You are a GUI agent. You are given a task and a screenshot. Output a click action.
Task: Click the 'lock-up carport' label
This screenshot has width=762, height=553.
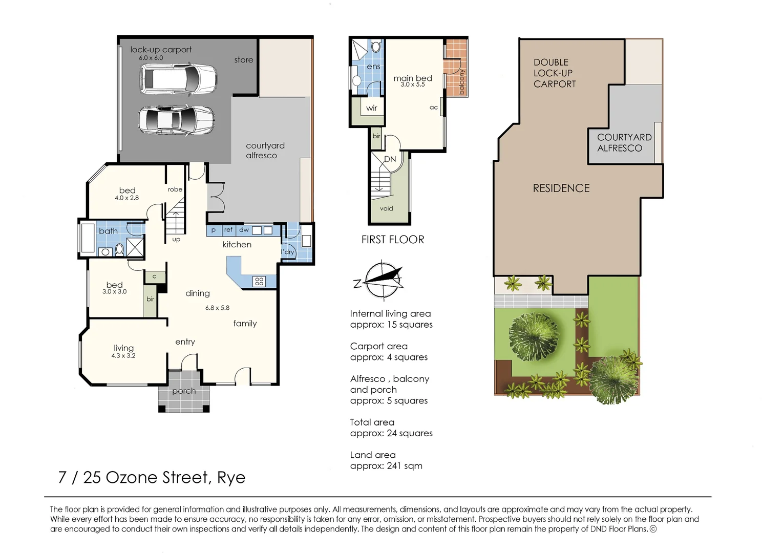tap(161, 50)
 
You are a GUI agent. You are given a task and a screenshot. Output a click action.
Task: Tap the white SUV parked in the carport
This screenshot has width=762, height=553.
tap(178, 79)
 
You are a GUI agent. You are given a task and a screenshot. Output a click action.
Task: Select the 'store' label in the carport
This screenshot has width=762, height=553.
tap(244, 60)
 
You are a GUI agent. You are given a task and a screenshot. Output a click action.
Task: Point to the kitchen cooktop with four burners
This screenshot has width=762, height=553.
tap(259, 281)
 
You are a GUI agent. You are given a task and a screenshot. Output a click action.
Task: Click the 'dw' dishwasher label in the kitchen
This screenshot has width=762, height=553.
tap(244, 229)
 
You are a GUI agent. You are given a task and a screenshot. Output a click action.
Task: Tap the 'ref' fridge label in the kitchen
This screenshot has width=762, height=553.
tap(228, 229)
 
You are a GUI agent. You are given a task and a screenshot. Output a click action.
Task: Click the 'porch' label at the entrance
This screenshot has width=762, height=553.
tap(184, 391)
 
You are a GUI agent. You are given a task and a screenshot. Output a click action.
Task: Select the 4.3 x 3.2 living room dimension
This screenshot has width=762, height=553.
tap(123, 356)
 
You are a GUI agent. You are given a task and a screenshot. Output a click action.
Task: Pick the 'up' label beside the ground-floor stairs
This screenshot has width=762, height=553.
tap(176, 240)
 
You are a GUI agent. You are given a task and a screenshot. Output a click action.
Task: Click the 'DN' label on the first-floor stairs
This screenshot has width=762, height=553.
tap(390, 159)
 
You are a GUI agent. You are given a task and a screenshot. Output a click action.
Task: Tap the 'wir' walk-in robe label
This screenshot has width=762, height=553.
tap(371, 108)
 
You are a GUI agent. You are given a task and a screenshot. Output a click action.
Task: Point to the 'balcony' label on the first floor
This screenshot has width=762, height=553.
tap(461, 81)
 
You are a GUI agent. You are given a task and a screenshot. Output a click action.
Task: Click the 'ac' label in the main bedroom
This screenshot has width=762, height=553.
tap(433, 108)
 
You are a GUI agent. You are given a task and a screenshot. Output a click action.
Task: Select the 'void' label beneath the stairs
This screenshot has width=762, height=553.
tap(387, 208)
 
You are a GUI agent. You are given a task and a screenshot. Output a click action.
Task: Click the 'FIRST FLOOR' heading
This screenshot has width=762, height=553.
tap(393, 240)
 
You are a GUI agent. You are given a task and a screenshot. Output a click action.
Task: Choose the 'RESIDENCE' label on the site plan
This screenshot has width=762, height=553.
tap(561, 188)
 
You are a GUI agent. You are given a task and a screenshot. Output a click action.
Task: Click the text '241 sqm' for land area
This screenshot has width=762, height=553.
tap(405, 466)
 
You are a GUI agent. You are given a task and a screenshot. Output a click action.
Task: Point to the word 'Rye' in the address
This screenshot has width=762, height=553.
tap(231, 478)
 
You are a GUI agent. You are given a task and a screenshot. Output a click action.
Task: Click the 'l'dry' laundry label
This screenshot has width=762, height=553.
tap(287, 252)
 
